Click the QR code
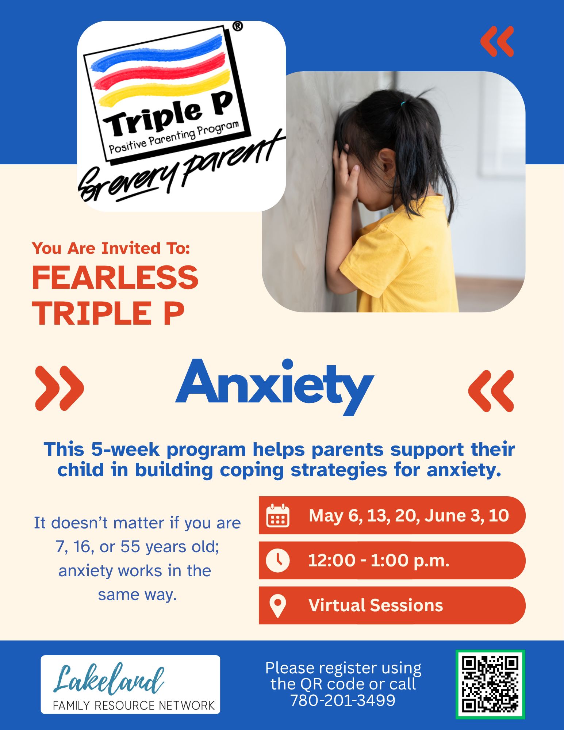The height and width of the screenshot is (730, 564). [490, 684]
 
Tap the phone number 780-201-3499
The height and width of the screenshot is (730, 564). [343, 700]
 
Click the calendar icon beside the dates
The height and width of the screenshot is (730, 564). [278, 515]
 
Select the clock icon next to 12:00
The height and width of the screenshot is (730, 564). [278, 560]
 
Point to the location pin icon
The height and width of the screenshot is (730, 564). [277, 605]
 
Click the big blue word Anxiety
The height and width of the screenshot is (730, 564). [275, 386]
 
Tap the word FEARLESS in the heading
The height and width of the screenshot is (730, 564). [115, 278]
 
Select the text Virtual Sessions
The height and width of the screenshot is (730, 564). [376, 605]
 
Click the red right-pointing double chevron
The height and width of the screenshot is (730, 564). [60, 388]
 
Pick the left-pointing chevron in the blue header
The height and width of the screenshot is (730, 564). [497, 41]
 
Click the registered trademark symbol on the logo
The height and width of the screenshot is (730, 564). [237, 26]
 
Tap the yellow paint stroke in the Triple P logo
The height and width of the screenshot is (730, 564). [164, 87]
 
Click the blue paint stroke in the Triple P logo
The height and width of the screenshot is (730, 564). [157, 53]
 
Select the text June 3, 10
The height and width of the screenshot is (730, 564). [467, 515]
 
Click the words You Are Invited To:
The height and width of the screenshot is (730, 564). [111, 248]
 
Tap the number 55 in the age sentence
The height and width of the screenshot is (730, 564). [130, 547]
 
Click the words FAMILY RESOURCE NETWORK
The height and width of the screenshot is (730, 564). [134, 705]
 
